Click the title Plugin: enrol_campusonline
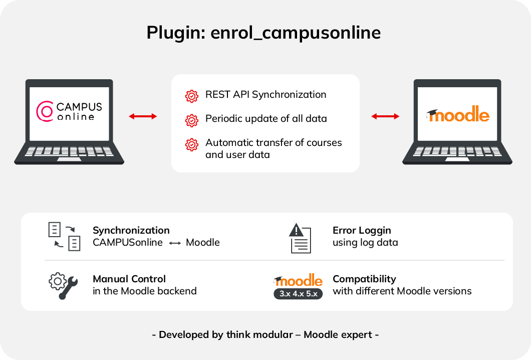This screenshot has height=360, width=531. tap(263, 33)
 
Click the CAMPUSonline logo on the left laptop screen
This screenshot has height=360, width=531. tap(70, 112)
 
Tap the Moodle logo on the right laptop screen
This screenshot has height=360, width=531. tap(457, 115)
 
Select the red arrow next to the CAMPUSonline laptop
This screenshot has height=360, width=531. tap(143, 116)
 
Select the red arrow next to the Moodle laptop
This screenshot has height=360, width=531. tap(385, 116)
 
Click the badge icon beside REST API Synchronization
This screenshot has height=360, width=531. tap(191, 95)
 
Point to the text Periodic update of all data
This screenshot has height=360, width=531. tap(266, 119)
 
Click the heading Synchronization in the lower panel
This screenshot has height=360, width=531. tap(131, 231)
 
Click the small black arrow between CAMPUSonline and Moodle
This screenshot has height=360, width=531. tap(174, 243)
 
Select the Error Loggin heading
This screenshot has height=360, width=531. tap(362, 231)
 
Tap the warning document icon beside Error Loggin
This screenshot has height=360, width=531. tap(301, 238)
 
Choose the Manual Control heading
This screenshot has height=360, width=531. tap(129, 279)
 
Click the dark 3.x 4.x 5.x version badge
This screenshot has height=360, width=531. tap(298, 294)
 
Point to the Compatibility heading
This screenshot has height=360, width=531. tap(364, 279)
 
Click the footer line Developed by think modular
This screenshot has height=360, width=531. tap(266, 334)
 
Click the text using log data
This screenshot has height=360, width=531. tap(365, 243)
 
